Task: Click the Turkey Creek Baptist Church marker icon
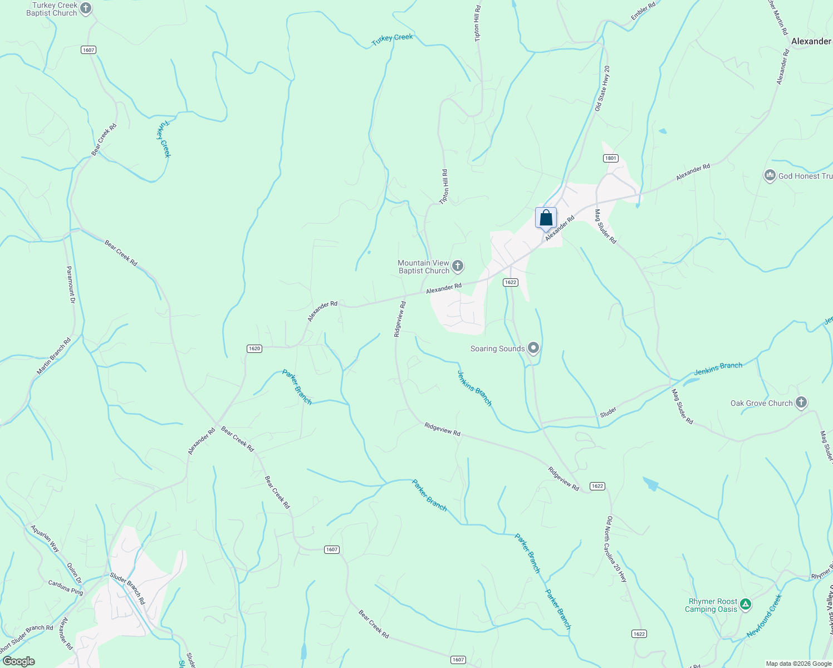85,8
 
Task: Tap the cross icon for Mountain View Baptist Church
457,266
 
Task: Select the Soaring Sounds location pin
533,348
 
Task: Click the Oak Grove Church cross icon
801,402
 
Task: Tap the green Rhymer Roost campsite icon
746,605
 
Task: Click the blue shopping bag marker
546,218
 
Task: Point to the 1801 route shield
611,158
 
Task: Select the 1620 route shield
254,348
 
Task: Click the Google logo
19,661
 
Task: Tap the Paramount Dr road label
71,284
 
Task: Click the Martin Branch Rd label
53,356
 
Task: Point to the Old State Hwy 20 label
602,89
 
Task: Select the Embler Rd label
643,12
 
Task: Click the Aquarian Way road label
45,538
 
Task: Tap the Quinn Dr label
74,573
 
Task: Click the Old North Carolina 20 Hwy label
616,549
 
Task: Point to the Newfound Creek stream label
765,616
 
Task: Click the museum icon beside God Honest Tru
770,176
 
